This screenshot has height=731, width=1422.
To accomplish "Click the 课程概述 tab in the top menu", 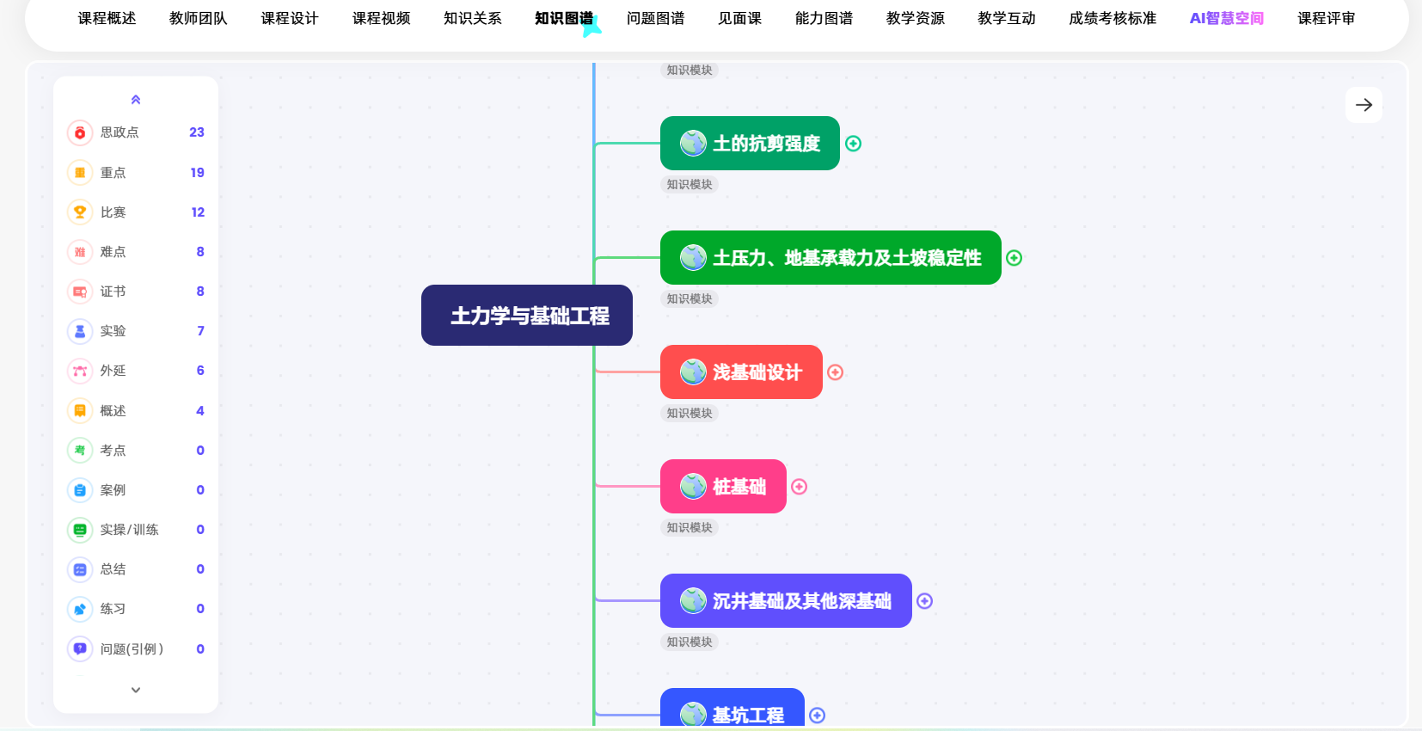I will pos(107,18).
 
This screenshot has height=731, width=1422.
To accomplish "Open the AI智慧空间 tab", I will pos(1226,18).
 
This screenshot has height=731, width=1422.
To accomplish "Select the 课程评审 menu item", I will pos(1326,18).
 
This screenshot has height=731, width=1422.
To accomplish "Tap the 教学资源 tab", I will pos(915,18).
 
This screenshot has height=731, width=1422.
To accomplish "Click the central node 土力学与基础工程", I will pos(527,316).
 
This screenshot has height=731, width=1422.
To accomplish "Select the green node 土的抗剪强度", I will pos(750,144).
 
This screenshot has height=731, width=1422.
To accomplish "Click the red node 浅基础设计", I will pos(741,372).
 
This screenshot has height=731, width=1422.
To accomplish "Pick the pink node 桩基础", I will pos(723,487).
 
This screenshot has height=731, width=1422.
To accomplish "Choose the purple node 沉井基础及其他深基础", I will pos(786,601).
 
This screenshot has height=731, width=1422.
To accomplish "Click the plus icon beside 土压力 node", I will pos(1014,258).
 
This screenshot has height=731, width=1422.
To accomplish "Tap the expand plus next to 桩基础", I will pos(799,487).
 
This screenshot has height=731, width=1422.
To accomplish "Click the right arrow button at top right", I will pos(1364,105).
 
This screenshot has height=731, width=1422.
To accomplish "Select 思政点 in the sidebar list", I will pos(120,132).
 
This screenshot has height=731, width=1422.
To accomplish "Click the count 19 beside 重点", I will pos(197,173).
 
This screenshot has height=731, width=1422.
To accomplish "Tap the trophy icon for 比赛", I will pos(80,212).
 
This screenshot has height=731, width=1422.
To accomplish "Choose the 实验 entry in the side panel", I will pos(113,331).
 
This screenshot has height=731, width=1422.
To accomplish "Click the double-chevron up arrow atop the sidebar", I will pos(136,100).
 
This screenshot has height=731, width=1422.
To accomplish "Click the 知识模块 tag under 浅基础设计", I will pos(690,414).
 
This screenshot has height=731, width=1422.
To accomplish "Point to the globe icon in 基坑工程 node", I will pos(693,714).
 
